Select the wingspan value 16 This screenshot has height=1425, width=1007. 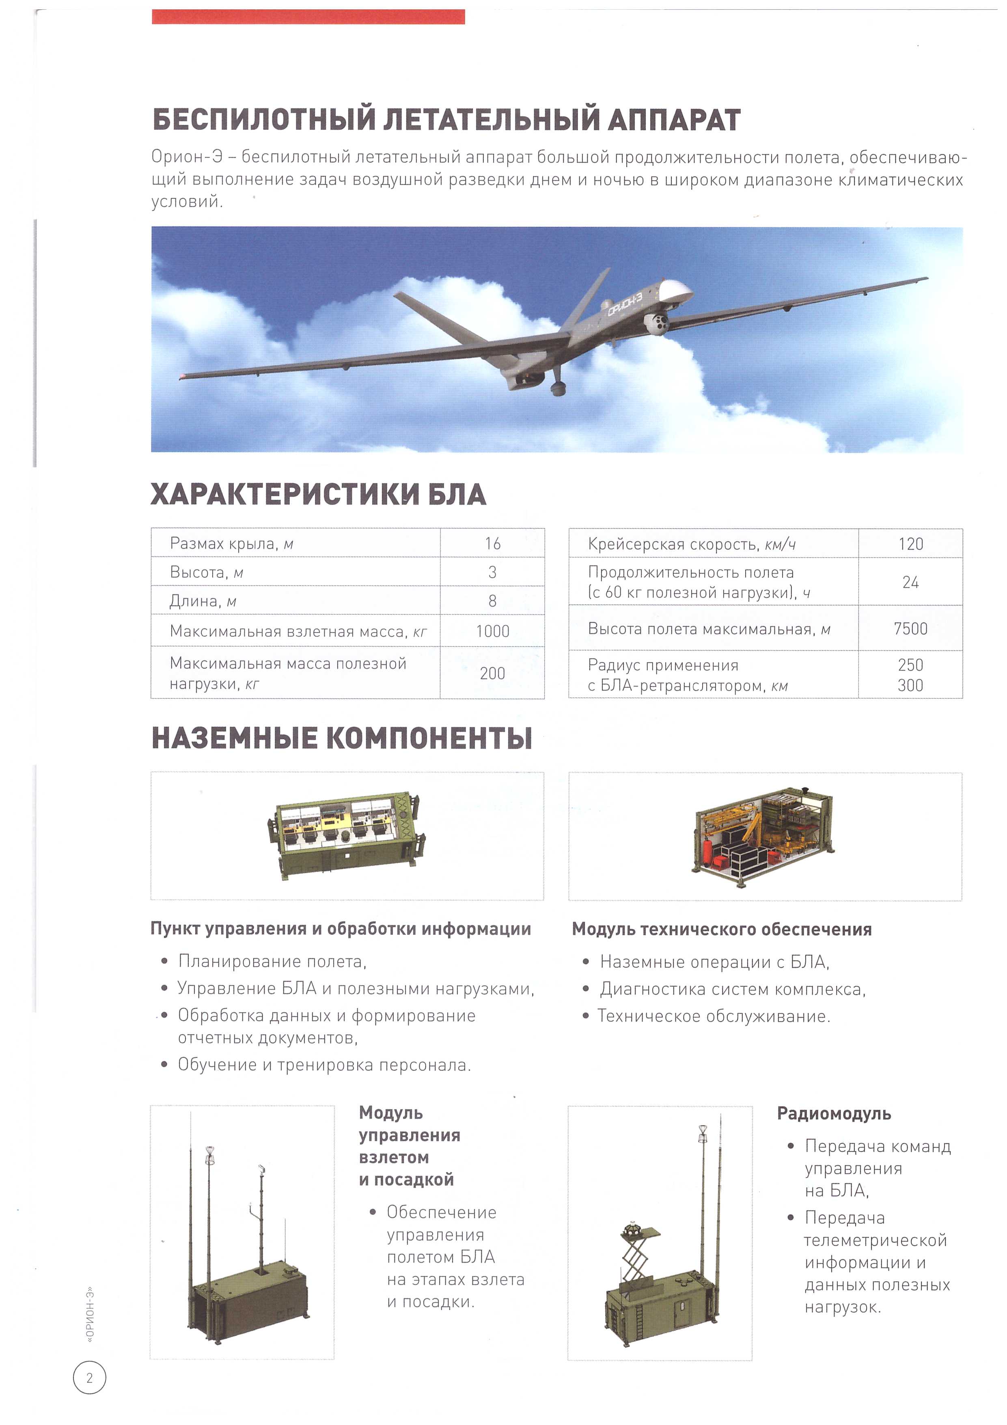pos(492,544)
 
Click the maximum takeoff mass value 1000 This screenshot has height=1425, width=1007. pos(492,631)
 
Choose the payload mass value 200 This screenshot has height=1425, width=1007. pos(492,674)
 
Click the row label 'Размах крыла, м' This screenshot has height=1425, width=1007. pos(231,544)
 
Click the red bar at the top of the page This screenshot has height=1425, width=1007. pos(308,17)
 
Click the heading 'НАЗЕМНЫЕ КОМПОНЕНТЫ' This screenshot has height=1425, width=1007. pos(341,738)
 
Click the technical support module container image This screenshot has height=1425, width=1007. pos(763,836)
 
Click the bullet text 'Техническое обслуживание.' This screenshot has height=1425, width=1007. pos(714,1016)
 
